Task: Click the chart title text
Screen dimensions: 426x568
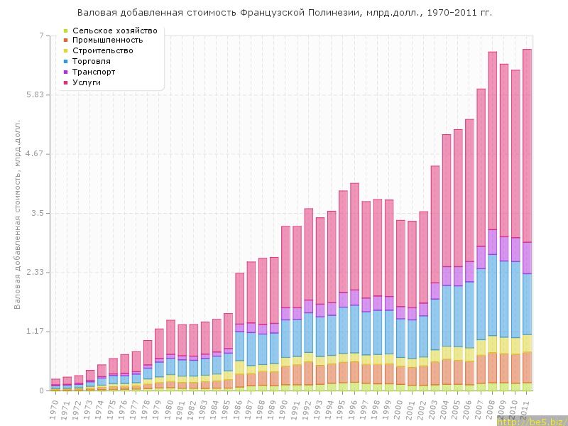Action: coord(284,13)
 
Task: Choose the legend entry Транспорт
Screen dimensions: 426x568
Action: coord(99,72)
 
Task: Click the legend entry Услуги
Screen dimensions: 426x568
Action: coord(92,82)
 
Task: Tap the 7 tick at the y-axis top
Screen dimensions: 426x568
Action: coord(40,35)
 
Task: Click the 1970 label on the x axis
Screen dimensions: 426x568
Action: coord(55,408)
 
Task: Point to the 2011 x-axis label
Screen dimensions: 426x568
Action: coord(526,408)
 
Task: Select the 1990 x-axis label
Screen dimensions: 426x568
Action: coord(285,408)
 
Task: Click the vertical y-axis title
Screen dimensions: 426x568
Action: coord(18,213)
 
